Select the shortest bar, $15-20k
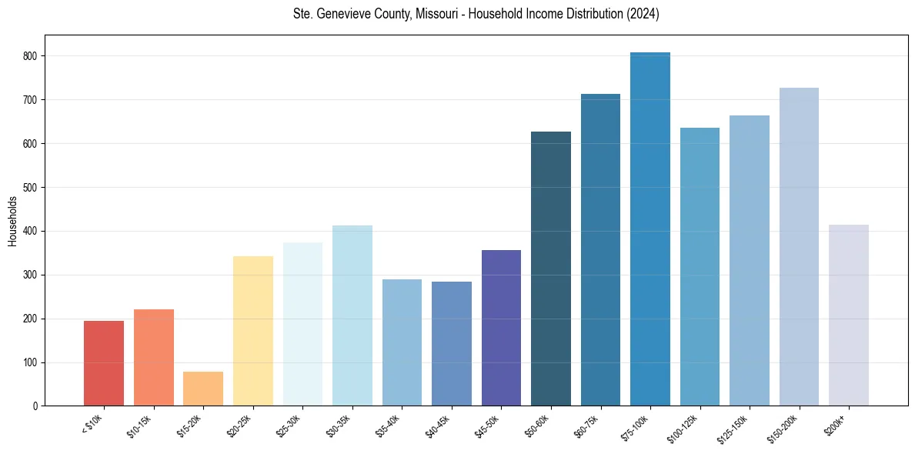[x=203, y=389]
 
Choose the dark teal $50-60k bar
[x=551, y=269]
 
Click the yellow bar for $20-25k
[x=253, y=331]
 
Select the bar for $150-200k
[x=799, y=247]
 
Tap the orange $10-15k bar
[x=154, y=358]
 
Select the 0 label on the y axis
[x=35, y=406]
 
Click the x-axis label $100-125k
[x=690, y=426]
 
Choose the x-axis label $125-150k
[x=740, y=426]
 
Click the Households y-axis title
[x=13, y=221]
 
